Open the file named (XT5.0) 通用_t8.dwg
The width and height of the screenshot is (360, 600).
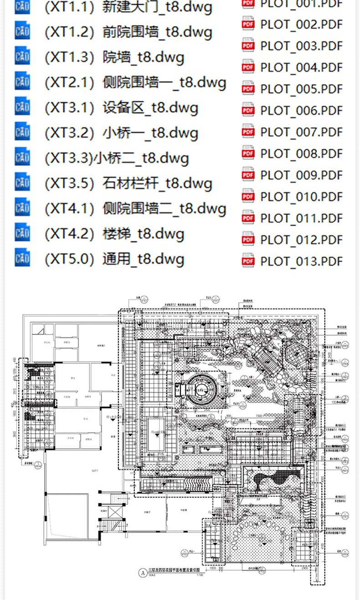[x=114, y=259]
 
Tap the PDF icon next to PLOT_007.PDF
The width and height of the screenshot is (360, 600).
[x=248, y=132]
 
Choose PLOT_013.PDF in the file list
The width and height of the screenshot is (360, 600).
[x=301, y=261]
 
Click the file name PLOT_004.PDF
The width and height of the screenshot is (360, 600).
[x=301, y=67]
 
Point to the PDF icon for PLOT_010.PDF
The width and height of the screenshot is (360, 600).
[x=248, y=197]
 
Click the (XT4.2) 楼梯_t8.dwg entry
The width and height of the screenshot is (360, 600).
[x=114, y=234]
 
